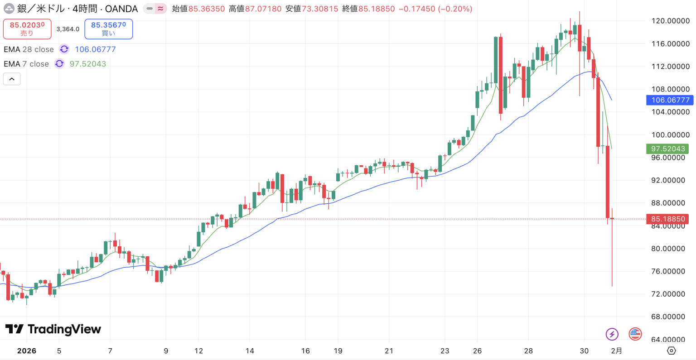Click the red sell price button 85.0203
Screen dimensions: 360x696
(27, 29)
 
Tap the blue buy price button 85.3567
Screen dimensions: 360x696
(108, 29)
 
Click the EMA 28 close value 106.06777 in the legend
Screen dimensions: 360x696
(95, 49)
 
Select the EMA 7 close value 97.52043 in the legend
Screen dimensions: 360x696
(87, 64)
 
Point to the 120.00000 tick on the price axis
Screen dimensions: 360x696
(670, 21)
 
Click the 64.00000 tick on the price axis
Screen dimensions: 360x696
(668, 340)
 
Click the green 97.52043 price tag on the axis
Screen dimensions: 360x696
(668, 149)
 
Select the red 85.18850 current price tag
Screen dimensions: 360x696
(668, 219)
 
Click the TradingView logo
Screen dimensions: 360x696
(53, 329)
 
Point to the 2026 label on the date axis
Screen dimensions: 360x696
(27, 351)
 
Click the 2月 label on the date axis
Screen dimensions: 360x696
(616, 351)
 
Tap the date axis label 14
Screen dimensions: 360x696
(250, 351)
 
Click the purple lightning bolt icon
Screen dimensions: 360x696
(612, 334)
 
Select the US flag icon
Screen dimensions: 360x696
(635, 334)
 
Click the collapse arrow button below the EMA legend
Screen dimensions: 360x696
(12, 79)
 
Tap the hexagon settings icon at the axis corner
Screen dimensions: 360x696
(672, 350)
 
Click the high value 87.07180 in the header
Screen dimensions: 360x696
(263, 9)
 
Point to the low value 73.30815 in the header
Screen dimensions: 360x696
(320, 9)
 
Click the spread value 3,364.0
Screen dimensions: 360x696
(68, 29)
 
